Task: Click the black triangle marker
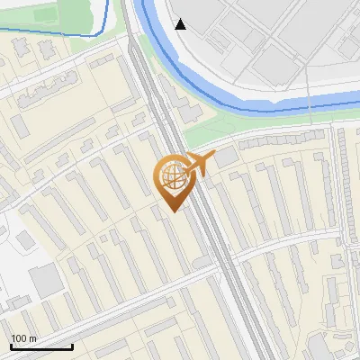point(181,23)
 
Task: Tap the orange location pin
point(174,180)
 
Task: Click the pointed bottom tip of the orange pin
point(174,211)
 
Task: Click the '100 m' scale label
point(24,338)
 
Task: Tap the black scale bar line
point(40,346)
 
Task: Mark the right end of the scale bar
point(72,346)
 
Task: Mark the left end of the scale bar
point(10,346)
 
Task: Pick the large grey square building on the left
point(45,281)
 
